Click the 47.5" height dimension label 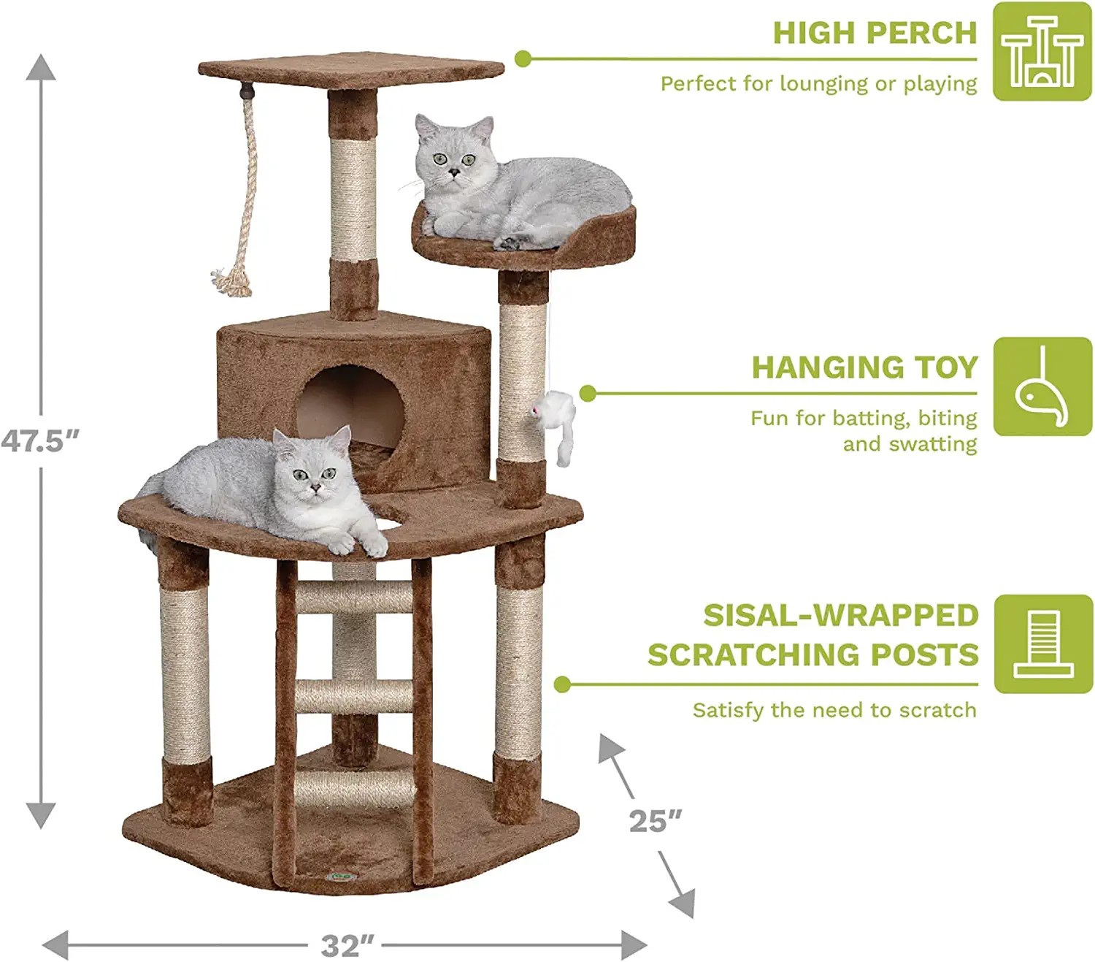(x=39, y=441)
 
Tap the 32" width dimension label (x=347, y=946)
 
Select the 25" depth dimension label (x=655, y=822)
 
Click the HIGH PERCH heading (x=875, y=34)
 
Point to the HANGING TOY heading (x=865, y=367)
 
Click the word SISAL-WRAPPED (x=841, y=616)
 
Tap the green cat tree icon (x=1042, y=51)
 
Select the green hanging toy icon (x=1043, y=386)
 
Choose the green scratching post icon (x=1044, y=644)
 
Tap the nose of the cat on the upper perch (x=455, y=172)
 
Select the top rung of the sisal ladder (x=354, y=597)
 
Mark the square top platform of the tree (x=351, y=70)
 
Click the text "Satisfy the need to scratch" (x=835, y=710)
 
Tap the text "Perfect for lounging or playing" (x=819, y=84)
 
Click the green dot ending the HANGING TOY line (x=588, y=394)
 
